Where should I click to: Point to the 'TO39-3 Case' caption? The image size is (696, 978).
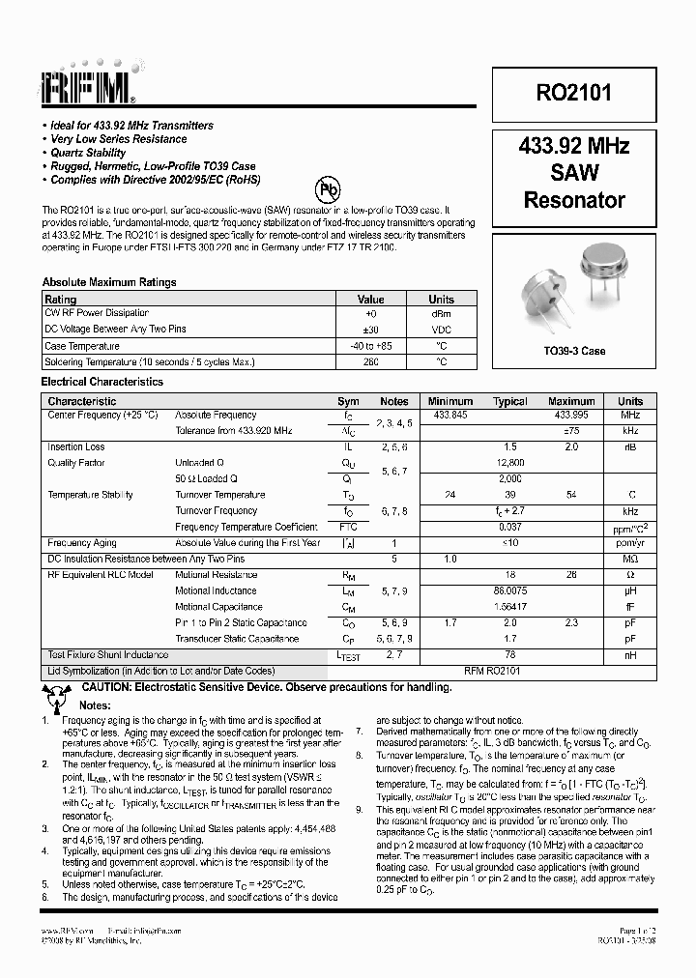(574, 351)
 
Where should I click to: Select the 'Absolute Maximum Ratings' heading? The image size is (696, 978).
(109, 282)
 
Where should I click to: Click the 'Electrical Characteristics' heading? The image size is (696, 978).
(101, 382)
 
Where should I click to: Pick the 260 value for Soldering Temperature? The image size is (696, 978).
(371, 361)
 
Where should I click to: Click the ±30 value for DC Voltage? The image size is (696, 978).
(371, 330)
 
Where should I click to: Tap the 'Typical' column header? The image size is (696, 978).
(510, 401)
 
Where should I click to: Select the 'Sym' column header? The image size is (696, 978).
(348, 401)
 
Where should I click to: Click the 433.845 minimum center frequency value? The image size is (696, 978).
(450, 415)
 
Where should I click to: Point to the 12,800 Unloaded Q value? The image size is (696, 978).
(510, 463)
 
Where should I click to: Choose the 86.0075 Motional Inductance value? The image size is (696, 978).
(510, 590)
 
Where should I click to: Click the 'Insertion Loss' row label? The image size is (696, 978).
(76, 447)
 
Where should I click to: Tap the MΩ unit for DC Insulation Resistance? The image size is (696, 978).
(630, 559)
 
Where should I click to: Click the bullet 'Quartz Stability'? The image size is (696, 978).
(88, 153)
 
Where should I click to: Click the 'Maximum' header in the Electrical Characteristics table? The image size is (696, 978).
(571, 401)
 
